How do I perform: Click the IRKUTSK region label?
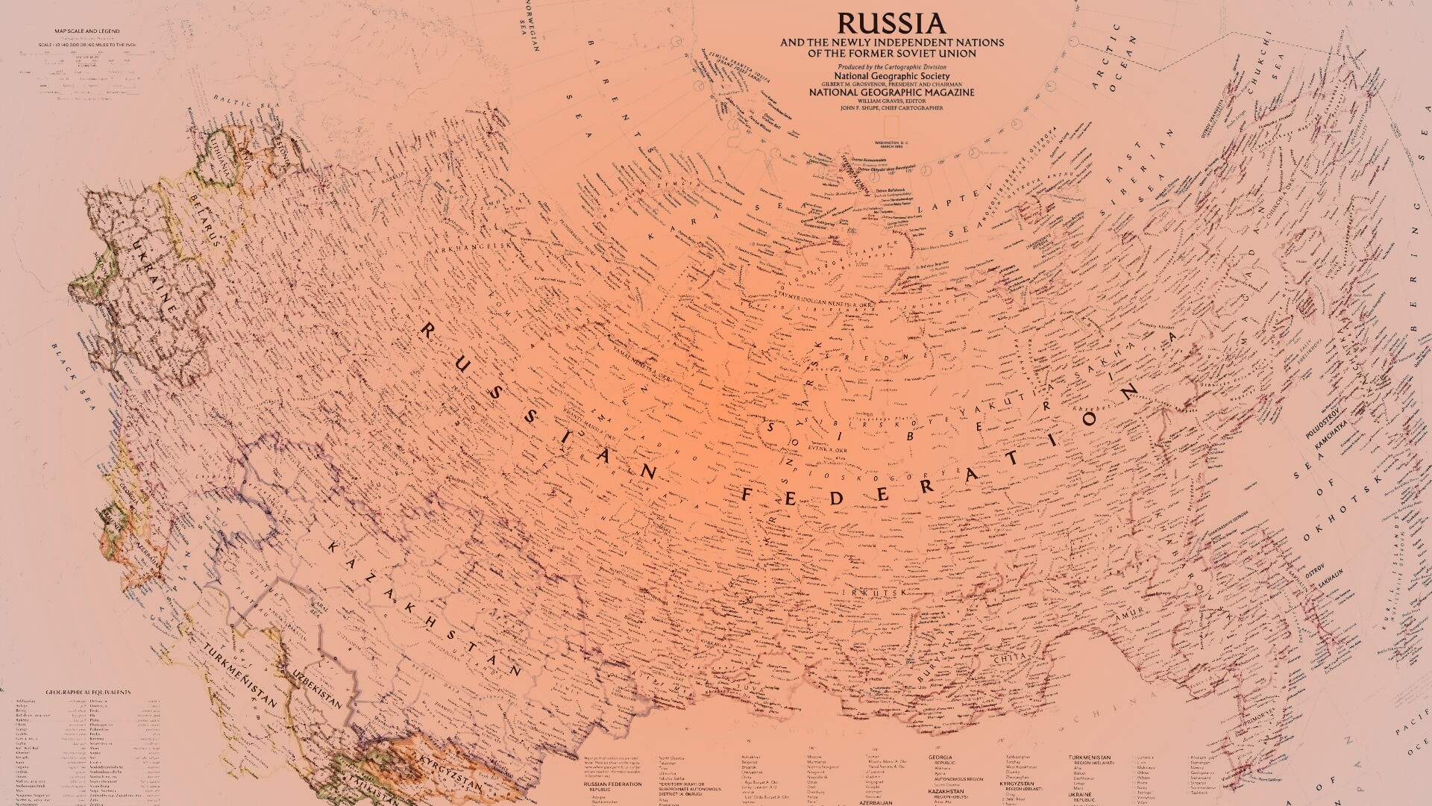(x=873, y=592)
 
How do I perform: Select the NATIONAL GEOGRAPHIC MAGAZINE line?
(x=892, y=92)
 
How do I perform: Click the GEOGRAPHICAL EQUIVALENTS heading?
(x=88, y=692)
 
